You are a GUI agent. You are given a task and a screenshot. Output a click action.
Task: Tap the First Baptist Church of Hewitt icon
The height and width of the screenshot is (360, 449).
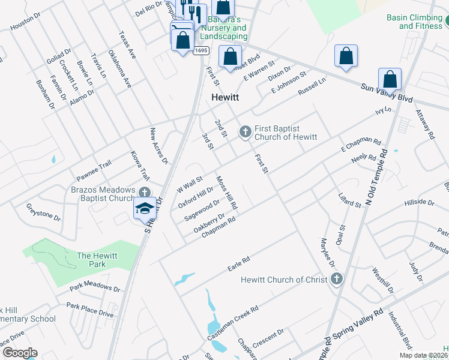pos(245,131)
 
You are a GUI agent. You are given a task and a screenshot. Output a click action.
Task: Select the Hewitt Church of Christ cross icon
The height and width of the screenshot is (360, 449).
pos(336,279)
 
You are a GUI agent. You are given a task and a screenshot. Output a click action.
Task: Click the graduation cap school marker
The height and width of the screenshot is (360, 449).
pos(145,208)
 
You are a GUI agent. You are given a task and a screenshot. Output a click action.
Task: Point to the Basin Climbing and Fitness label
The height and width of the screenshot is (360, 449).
pos(414,22)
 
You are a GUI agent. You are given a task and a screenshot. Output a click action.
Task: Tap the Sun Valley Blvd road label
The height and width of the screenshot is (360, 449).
pos(388,92)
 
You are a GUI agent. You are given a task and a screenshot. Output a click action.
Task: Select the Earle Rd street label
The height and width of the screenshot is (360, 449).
pos(238,264)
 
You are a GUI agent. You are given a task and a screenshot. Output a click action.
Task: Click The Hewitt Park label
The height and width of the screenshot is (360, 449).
pos(95,260)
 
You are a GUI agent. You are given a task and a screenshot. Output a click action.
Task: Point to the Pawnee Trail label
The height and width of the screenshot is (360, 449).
pos(94,171)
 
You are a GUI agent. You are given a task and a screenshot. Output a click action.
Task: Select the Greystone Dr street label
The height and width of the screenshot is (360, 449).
pos(43,212)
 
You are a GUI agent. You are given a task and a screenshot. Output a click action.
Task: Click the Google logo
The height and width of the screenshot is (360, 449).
pos(20,353)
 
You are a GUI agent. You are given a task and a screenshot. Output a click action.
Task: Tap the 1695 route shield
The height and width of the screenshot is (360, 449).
pos(201,50)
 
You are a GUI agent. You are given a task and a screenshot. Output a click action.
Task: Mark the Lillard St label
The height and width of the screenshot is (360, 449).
pos(350,200)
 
